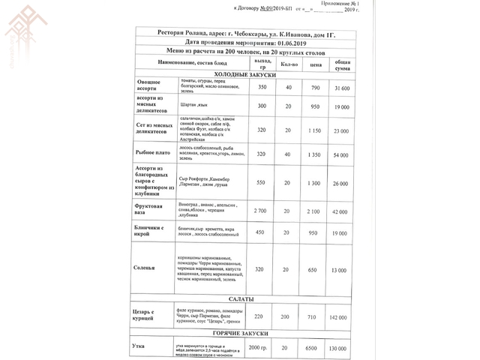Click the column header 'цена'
click(316, 65)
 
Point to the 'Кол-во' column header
click(289, 65)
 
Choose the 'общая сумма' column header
click(342, 65)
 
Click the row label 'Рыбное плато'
click(151, 154)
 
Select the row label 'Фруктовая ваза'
click(150, 208)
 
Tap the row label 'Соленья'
click(145, 268)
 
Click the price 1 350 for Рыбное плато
click(316, 154)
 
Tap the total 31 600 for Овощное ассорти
click(341, 88)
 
